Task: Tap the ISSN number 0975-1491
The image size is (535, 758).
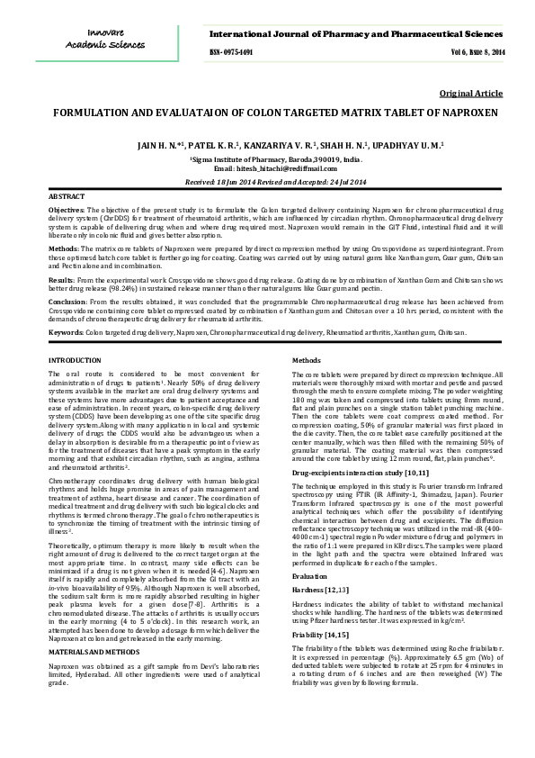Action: tap(231, 52)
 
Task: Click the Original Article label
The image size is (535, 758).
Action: tap(470, 94)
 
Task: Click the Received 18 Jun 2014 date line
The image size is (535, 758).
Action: tap(267, 181)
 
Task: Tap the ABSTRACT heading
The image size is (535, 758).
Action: tap(66, 195)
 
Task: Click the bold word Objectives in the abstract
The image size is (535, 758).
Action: tap(66, 209)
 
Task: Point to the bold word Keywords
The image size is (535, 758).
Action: tap(65, 332)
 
